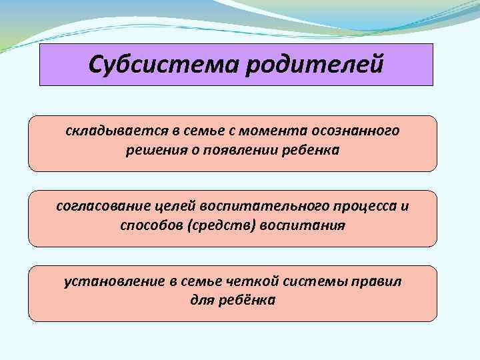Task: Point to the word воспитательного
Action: [x=250, y=206]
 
